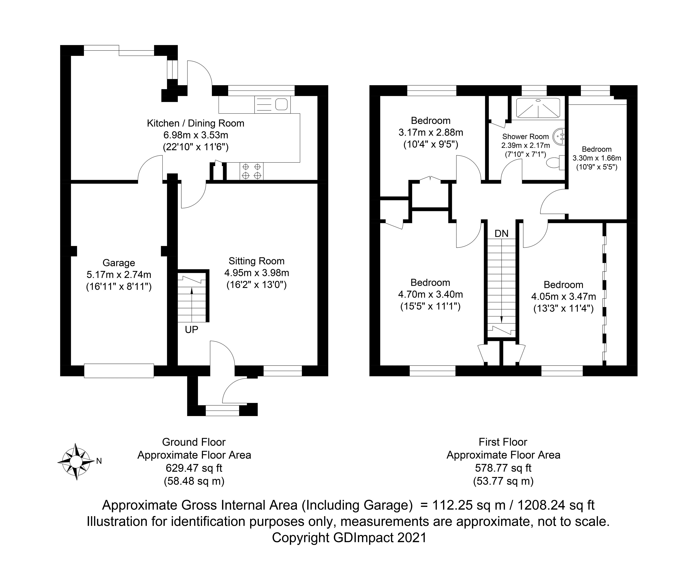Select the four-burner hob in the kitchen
[x=252, y=171]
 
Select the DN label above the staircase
[x=501, y=234]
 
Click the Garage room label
[x=119, y=263]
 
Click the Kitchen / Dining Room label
[x=196, y=123]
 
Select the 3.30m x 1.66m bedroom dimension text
[x=597, y=158]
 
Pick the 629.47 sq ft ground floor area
[x=194, y=468]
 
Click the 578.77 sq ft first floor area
[x=503, y=468]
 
